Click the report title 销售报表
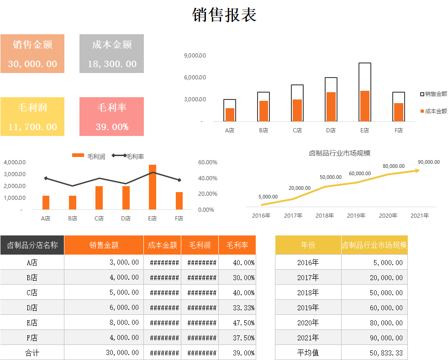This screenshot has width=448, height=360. point(224,15)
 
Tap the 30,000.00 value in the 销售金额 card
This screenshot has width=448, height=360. point(32,64)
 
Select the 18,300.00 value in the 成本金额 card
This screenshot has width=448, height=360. point(112,64)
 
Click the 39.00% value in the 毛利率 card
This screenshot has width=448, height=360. point(112,127)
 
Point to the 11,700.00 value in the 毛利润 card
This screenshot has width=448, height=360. point(32,127)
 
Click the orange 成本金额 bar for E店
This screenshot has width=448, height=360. point(364,106)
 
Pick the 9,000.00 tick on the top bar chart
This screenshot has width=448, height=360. point(195,56)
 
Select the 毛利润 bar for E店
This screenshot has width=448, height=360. point(153,187)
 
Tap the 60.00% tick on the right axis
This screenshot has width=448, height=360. point(208,162)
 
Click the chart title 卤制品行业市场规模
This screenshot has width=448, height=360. point(340,153)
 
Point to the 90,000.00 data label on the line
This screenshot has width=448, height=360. point(428,162)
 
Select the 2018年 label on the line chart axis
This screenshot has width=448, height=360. point(325,215)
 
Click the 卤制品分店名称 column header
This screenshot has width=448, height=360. point(32,245)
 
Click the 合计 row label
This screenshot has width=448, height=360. point(32,353)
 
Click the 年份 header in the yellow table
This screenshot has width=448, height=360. point(308,245)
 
